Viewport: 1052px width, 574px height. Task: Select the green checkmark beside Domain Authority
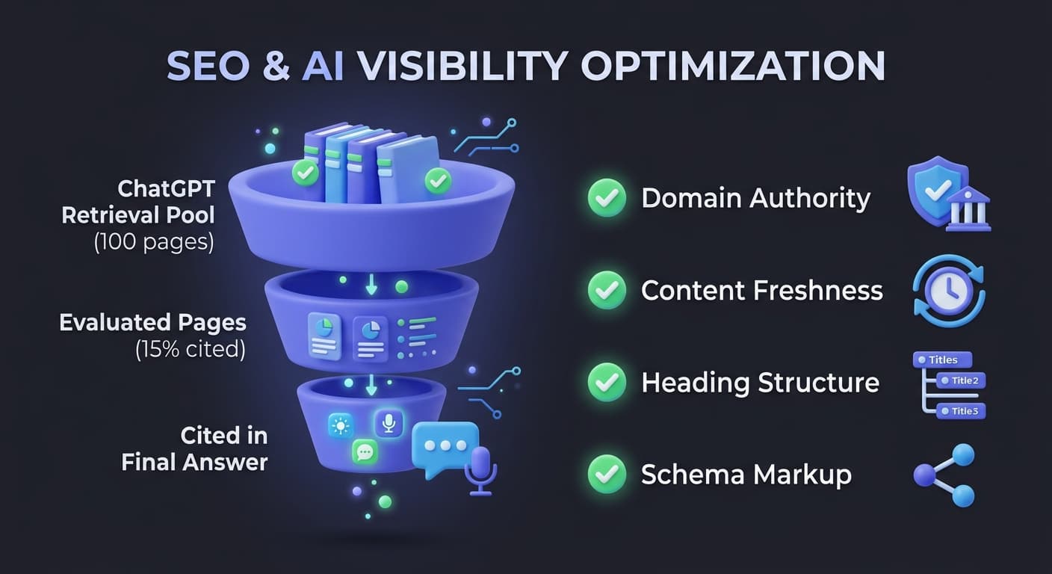point(607,198)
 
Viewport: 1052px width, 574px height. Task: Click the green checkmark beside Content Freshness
point(607,290)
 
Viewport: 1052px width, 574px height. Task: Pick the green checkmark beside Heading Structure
point(607,383)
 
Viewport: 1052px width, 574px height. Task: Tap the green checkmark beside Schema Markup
point(607,474)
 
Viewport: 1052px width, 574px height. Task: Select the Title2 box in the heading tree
point(962,381)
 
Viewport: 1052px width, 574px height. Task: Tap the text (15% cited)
point(191,349)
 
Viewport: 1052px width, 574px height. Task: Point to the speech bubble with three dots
point(445,447)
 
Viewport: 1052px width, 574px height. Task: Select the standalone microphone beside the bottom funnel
point(480,469)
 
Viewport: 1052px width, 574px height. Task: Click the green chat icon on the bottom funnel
point(365,451)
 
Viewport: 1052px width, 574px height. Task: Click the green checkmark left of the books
point(305,173)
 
